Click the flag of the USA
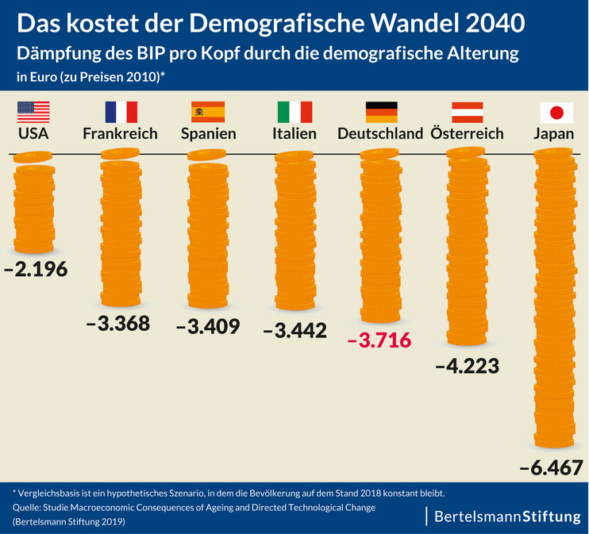pyautogui.click(x=33, y=111)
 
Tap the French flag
pyautogui.click(x=121, y=111)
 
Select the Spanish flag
pyautogui.click(x=208, y=111)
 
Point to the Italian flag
pyautogui.click(x=294, y=111)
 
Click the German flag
pyautogui.click(x=381, y=111)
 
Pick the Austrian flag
pyautogui.click(x=468, y=111)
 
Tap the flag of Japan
pyautogui.click(x=556, y=111)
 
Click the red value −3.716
pyautogui.click(x=379, y=340)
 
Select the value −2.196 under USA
pyautogui.click(x=36, y=268)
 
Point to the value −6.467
pyautogui.click(x=552, y=467)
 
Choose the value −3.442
pyautogui.click(x=294, y=330)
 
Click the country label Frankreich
pyautogui.click(x=120, y=133)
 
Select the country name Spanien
pyautogui.click(x=208, y=133)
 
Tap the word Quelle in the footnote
pyautogui.click(x=27, y=507)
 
